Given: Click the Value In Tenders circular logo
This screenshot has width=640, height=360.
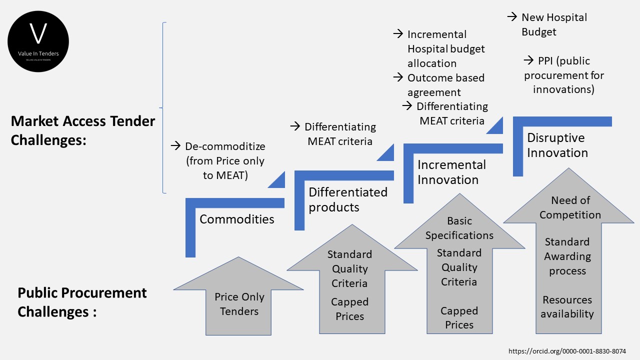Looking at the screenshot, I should [x=38, y=41].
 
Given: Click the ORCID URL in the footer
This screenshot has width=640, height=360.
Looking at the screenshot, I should [x=567, y=351].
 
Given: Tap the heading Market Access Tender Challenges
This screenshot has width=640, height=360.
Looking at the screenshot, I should [x=83, y=130].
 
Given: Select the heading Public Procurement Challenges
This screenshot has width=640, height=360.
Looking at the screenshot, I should [x=82, y=302].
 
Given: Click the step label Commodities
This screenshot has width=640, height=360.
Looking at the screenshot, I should [x=236, y=219].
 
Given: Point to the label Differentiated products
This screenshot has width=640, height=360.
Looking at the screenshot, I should [x=347, y=199].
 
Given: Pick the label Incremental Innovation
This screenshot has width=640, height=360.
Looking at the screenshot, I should [x=451, y=172].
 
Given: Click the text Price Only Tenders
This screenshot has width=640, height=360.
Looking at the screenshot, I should [x=239, y=304].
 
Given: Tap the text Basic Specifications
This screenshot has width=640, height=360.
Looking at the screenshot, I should [x=459, y=228].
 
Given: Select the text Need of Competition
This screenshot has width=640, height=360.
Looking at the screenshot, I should [x=570, y=207].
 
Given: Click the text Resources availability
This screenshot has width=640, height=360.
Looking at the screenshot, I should [x=567, y=307].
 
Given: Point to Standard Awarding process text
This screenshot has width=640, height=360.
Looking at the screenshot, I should [x=567, y=256].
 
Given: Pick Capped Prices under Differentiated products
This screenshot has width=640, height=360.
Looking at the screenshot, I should [x=349, y=309].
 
